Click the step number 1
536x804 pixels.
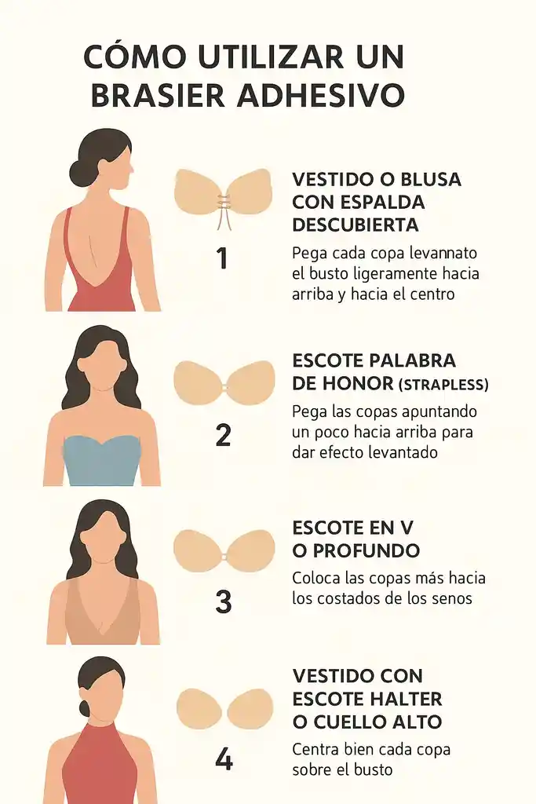tap(222, 258)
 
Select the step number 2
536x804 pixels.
tap(223, 434)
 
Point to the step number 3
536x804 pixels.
tap(223, 601)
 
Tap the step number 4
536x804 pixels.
tap(224, 759)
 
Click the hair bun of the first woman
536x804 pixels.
tap(78, 172)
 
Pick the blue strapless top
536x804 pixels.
tap(101, 460)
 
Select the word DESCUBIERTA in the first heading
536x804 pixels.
tap(355, 225)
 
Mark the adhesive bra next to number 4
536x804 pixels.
tap(224, 708)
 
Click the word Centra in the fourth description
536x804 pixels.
tap(315, 749)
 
